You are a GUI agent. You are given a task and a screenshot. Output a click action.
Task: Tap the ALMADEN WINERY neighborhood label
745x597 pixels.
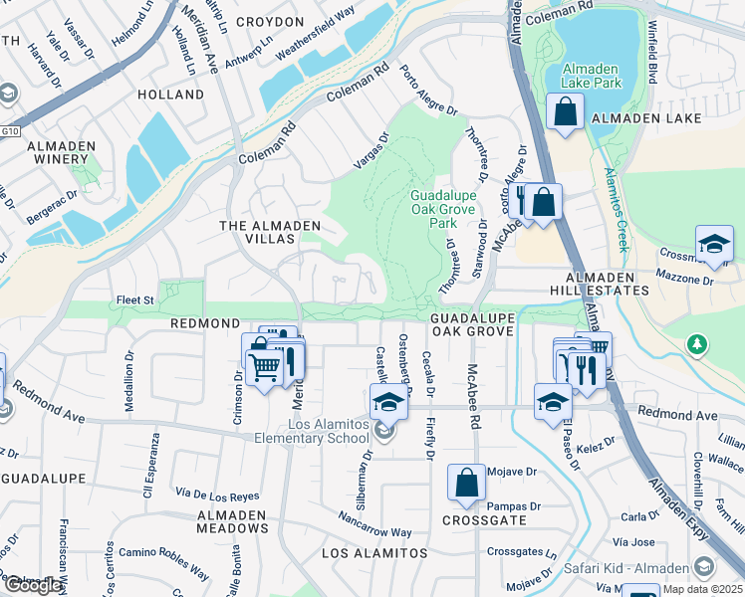click(x=62, y=153)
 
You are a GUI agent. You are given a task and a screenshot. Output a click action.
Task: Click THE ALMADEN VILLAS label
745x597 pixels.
click(x=257, y=233)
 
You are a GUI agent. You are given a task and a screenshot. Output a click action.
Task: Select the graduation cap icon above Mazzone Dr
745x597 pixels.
click(x=714, y=245)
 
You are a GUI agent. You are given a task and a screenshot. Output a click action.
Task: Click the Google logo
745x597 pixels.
click(x=32, y=585)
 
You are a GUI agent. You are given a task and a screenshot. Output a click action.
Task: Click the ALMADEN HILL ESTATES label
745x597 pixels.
click(x=607, y=284)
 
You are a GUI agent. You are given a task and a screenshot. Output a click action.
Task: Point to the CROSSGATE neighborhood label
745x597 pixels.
click(x=484, y=520)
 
